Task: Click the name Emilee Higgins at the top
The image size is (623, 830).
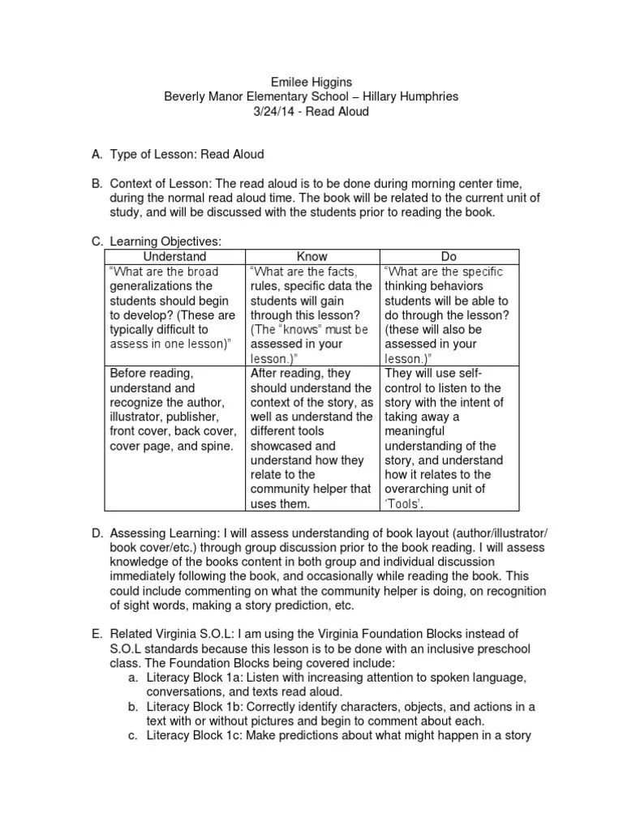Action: [311, 82]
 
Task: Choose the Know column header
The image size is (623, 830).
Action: [312, 256]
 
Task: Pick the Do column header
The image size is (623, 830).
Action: [447, 256]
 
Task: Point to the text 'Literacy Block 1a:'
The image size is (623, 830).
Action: [194, 677]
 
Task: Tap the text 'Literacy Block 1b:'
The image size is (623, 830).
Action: [194, 706]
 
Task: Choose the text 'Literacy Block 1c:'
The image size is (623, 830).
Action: [194, 735]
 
